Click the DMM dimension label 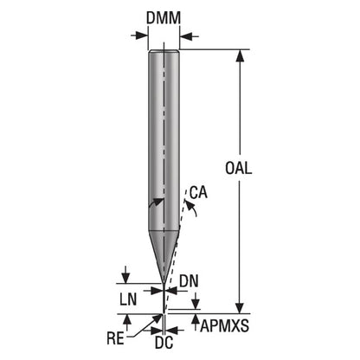click(x=164, y=18)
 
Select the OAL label click(x=238, y=168)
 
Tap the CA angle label click(x=198, y=193)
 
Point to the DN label click(x=189, y=281)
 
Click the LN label click(x=128, y=299)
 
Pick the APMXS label click(x=224, y=326)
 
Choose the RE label click(x=115, y=338)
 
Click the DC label click(x=164, y=343)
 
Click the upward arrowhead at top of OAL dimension click(x=240, y=56)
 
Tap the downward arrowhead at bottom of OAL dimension click(x=240, y=307)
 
